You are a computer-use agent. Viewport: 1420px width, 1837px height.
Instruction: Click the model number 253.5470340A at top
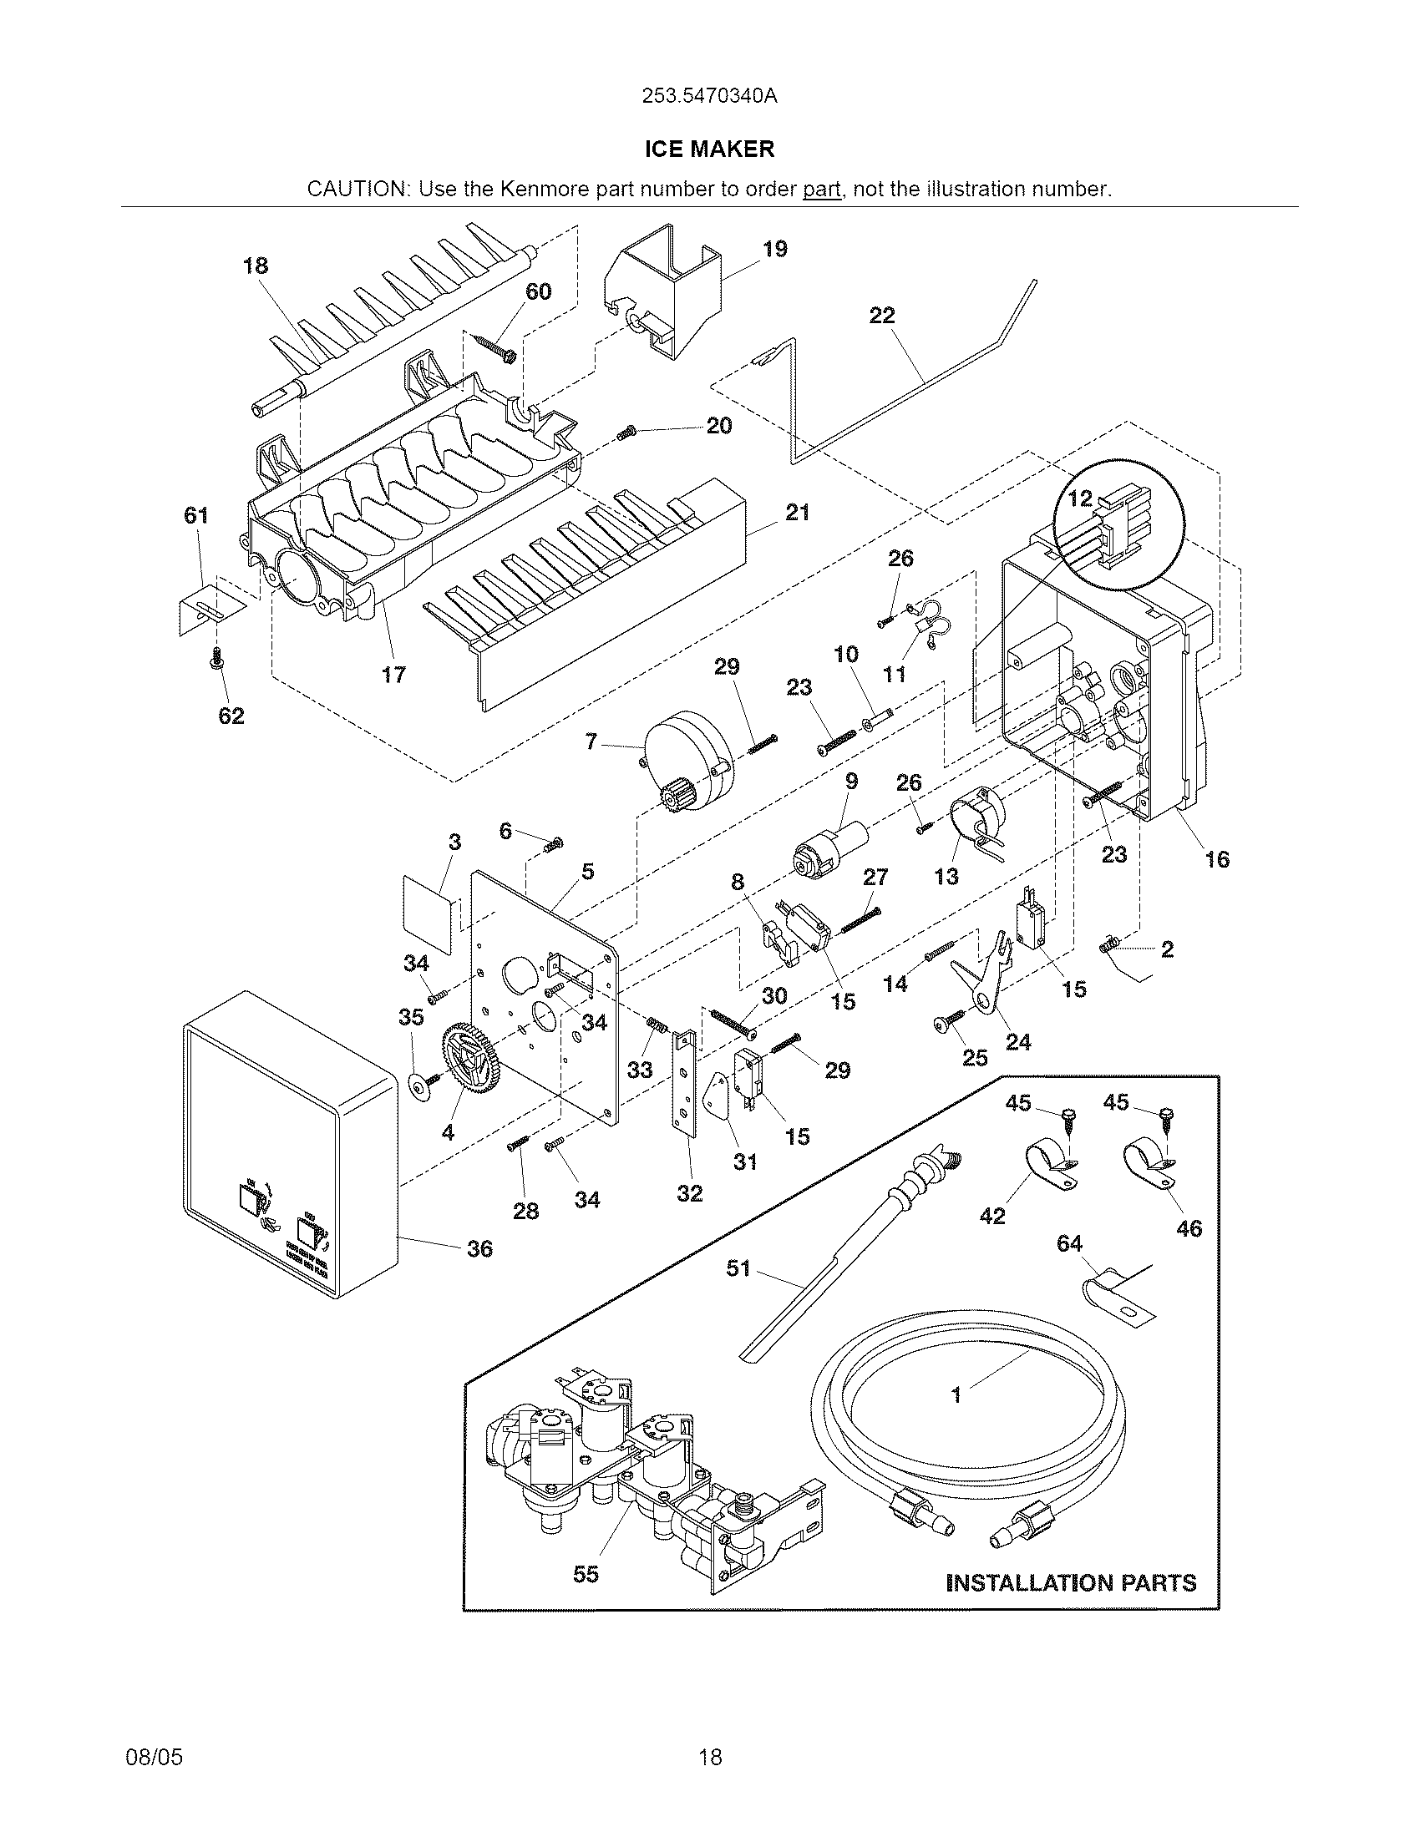coord(709,96)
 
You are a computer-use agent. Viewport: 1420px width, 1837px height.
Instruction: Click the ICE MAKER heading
coord(709,149)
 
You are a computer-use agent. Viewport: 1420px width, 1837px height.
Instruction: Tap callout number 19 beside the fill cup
coord(775,249)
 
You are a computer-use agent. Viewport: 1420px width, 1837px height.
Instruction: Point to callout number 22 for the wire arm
coord(881,316)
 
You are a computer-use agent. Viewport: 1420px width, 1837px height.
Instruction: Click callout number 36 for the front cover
coord(479,1248)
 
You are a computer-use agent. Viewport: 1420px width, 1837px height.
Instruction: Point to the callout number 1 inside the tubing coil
coord(956,1395)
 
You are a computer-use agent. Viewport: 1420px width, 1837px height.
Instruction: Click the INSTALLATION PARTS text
coord(1071,1583)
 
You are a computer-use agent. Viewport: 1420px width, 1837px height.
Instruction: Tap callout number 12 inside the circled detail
coord(1079,498)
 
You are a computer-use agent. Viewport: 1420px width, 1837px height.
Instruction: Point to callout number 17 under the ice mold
coord(393,674)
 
